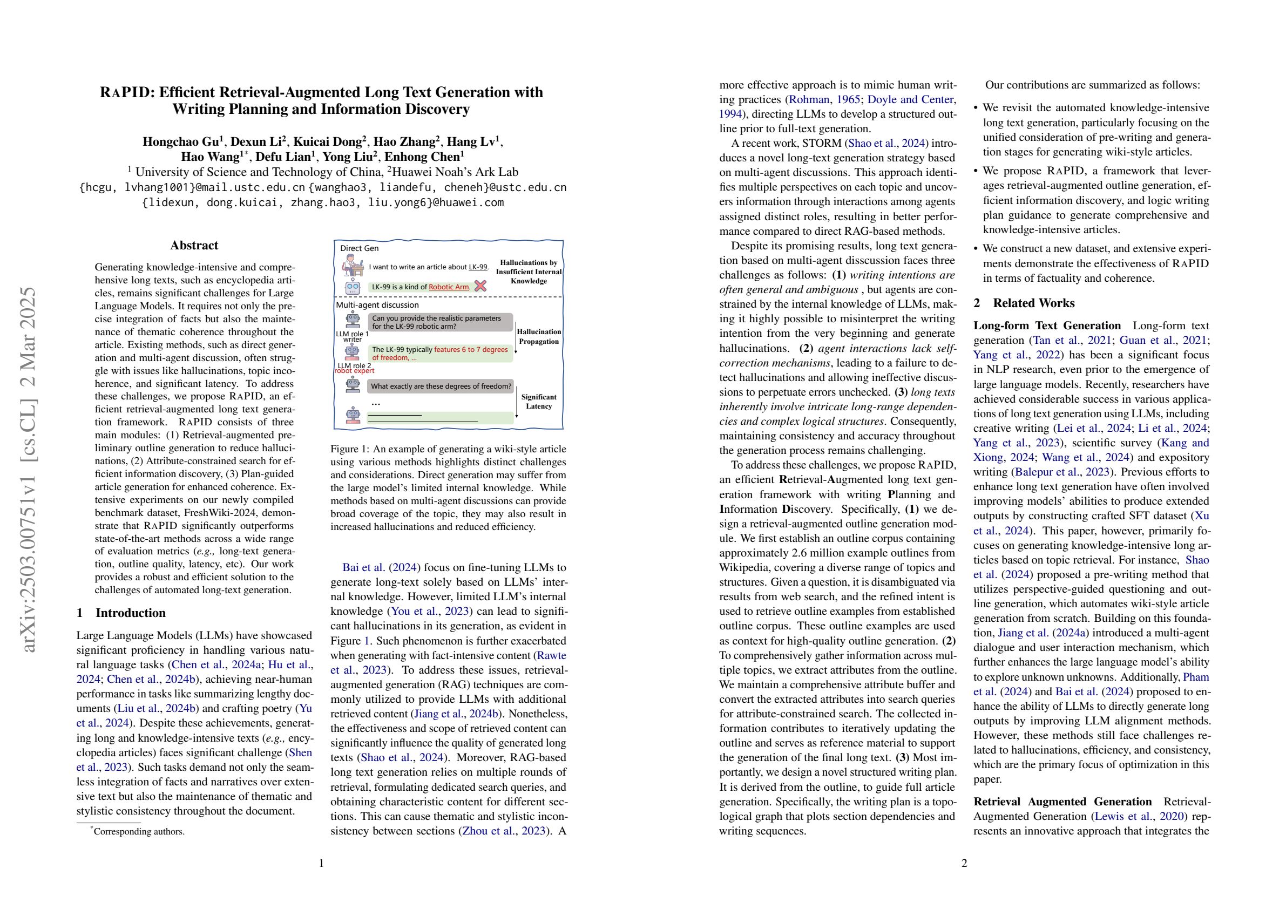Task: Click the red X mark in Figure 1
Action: point(480,286)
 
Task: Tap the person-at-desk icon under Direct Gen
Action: point(353,265)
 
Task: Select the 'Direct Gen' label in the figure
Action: point(359,248)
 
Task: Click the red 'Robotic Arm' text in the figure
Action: point(449,287)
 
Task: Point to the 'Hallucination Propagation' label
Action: point(538,336)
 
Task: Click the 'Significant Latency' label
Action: point(538,402)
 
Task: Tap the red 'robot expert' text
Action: point(355,371)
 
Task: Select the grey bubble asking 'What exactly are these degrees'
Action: point(441,386)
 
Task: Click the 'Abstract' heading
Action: point(194,245)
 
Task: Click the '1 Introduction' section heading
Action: point(121,613)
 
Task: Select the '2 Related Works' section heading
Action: point(1023,303)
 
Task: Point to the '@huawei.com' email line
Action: point(323,203)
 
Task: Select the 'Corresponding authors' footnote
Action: point(138,832)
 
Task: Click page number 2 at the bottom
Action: point(964,863)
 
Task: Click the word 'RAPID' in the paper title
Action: point(125,92)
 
